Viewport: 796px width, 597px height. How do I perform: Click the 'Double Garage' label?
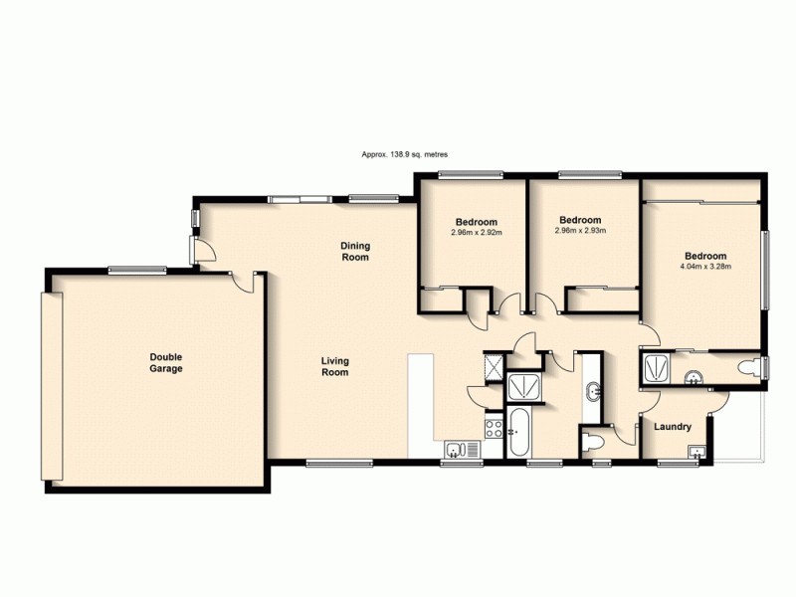[x=166, y=362]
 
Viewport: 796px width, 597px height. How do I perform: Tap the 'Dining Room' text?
[x=355, y=251]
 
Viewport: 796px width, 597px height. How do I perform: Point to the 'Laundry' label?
[x=673, y=427]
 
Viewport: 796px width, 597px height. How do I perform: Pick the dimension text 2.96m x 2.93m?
[x=580, y=231]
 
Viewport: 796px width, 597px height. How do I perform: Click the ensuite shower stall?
[x=658, y=368]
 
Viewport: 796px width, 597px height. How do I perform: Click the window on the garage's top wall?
[x=137, y=268]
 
